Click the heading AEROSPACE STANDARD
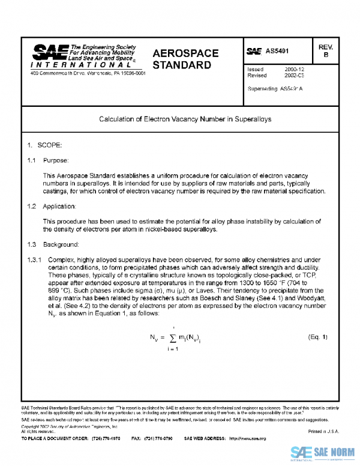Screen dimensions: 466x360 [x=185, y=59]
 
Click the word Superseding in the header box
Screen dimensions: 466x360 [x=262, y=89]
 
